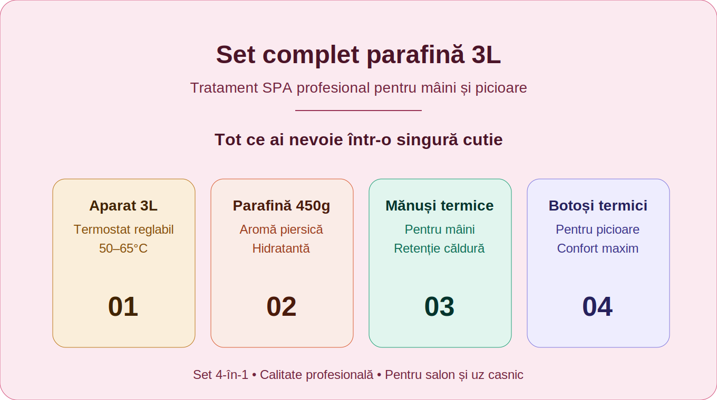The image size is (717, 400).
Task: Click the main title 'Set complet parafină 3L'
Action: tap(358, 55)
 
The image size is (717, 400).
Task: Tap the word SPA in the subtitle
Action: tap(277, 88)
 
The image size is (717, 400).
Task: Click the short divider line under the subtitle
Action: tap(358, 111)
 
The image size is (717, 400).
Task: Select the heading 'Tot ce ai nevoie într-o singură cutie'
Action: tap(358, 139)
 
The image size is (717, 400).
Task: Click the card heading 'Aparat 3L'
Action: tap(123, 205)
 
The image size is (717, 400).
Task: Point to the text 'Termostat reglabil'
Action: tap(123, 229)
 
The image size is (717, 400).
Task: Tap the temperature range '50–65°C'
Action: tap(123, 248)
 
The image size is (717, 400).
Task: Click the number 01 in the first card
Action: tap(123, 306)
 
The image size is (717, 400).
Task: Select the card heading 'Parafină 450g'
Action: tap(282, 205)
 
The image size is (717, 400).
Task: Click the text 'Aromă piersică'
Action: tap(282, 229)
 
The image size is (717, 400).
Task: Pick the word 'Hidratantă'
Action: tap(282, 248)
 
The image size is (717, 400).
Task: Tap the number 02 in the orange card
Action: tap(282, 306)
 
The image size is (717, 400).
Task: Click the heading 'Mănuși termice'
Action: tap(440, 205)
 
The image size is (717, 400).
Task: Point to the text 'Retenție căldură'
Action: tap(440, 248)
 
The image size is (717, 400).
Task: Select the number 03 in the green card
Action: tap(440, 306)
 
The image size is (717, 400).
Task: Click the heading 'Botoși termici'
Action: tap(598, 205)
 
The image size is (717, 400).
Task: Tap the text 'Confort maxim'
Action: tap(598, 248)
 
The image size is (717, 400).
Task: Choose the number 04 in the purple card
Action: tap(598, 306)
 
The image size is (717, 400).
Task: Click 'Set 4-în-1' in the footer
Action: tap(220, 375)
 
